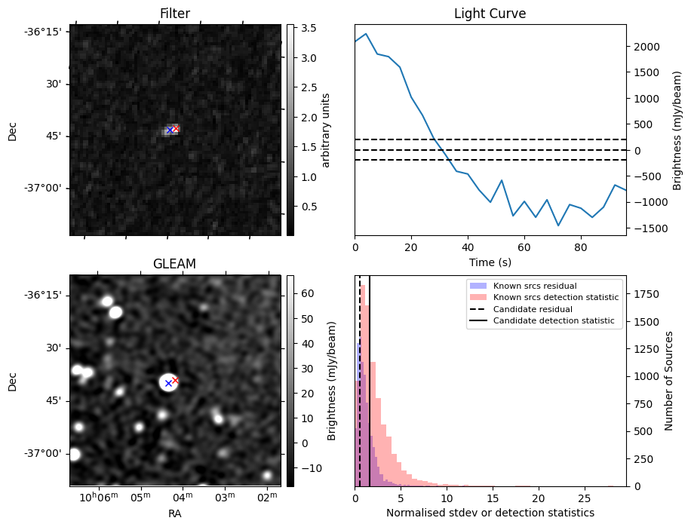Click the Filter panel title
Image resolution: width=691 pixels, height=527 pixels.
tap(175, 14)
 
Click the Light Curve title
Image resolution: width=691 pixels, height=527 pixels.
tap(490, 14)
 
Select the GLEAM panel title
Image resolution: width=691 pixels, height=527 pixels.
tap(174, 264)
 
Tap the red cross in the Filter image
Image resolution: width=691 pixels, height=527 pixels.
tap(176, 129)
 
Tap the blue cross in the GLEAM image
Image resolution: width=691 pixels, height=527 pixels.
tap(168, 383)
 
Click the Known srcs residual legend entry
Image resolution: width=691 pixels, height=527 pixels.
tap(535, 286)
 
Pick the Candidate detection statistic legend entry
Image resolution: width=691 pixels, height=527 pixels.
tap(553, 321)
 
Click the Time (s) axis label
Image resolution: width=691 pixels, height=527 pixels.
tap(490, 262)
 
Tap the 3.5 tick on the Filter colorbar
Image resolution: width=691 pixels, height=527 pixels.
tap(309, 28)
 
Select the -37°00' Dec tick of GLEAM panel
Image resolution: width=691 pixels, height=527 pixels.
tap(43, 453)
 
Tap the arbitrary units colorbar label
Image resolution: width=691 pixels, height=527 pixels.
tap(326, 130)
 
